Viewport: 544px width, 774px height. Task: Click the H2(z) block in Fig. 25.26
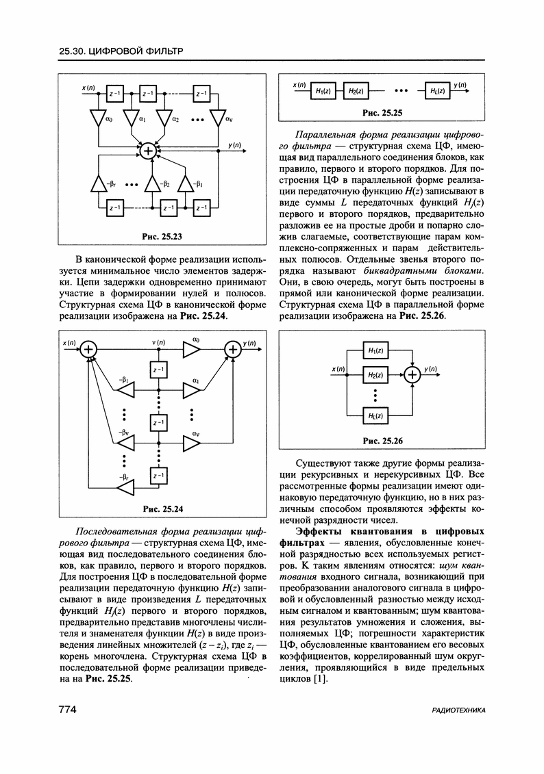tap(374, 375)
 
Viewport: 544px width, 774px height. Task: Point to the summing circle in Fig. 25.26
tap(412, 374)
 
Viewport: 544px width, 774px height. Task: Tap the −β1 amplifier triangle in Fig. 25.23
tap(185, 184)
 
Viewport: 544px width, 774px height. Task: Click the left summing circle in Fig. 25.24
tap(90, 350)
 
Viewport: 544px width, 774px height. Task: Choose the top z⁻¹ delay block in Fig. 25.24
tap(159, 370)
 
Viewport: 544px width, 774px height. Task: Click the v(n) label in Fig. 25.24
tap(159, 341)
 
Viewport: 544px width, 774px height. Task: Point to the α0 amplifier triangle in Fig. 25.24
tap(191, 350)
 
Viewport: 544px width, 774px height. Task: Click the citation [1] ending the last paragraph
tap(320, 679)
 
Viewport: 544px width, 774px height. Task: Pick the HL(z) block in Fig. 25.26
tap(374, 415)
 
